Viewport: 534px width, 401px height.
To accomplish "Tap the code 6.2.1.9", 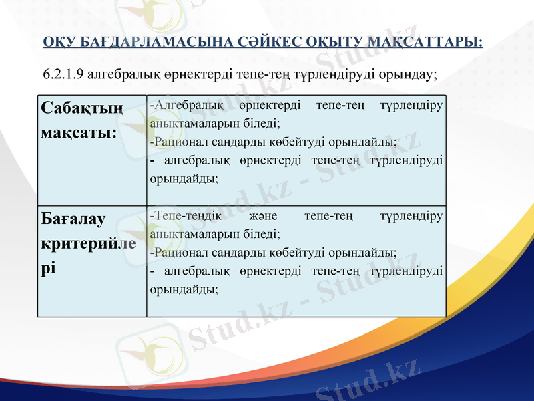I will tap(64, 73).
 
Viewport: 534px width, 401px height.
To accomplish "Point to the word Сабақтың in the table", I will tap(82, 108).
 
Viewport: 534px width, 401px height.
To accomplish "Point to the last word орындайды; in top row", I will tap(184, 178).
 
